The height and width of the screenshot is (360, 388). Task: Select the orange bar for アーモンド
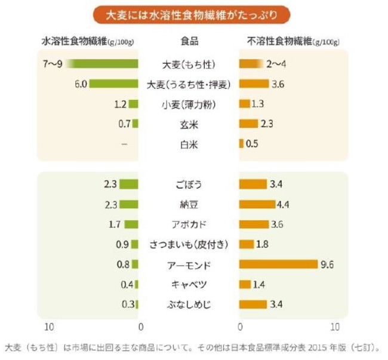(278, 264)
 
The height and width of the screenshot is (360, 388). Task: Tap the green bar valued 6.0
(115, 84)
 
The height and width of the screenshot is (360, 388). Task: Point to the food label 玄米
(189, 125)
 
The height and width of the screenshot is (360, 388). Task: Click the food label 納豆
(189, 205)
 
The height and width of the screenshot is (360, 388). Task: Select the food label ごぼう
(189, 184)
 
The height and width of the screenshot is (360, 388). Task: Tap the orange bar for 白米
(241, 144)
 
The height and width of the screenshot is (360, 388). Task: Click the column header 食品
(189, 42)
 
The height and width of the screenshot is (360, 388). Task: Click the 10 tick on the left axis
(50, 327)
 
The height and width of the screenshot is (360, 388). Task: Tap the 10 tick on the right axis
(335, 327)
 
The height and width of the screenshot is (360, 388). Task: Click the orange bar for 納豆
(257, 205)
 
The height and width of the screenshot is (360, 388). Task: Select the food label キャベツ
(189, 284)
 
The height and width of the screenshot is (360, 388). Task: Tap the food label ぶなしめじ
(189, 304)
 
